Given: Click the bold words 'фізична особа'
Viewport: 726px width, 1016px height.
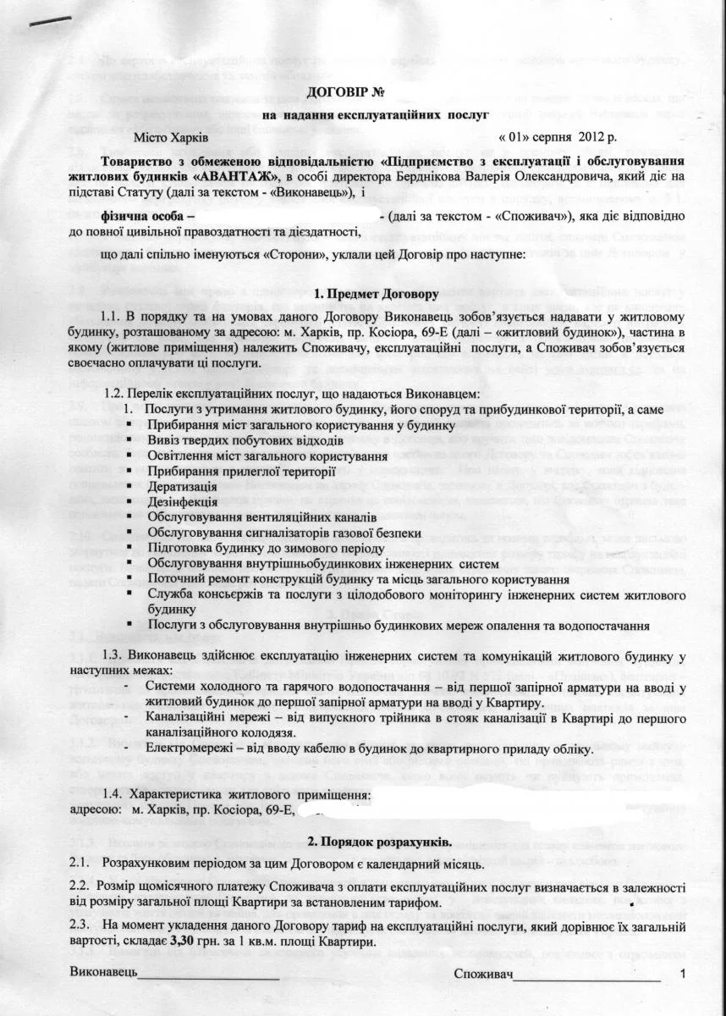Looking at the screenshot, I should [145, 217].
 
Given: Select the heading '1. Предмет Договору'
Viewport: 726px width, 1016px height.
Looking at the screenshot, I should [376, 295].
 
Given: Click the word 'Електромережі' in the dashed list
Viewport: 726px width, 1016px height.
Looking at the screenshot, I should [186, 749].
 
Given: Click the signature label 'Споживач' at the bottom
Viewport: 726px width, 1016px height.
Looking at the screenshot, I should [483, 975].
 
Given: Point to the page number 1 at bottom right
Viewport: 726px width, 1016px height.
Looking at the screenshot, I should [682, 975].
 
